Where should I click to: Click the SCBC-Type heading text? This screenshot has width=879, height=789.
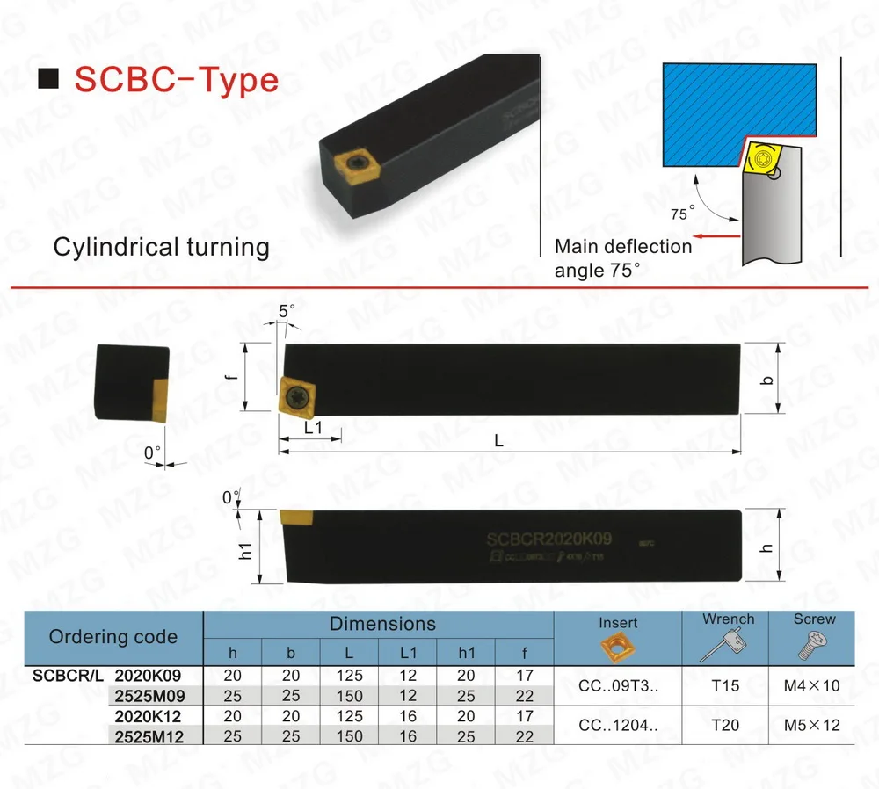[176, 80]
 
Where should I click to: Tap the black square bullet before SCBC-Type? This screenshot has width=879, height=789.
[51, 81]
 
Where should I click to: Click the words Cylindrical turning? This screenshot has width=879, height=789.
[162, 247]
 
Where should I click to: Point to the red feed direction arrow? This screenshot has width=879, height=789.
[711, 235]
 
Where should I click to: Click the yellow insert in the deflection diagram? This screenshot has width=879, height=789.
[759, 161]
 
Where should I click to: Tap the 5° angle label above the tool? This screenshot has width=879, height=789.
[287, 310]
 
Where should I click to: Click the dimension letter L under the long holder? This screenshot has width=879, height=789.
[498, 442]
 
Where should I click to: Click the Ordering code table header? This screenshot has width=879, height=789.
[113, 637]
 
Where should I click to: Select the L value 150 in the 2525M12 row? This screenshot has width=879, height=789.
[350, 736]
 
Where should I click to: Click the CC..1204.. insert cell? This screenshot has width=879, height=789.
[619, 726]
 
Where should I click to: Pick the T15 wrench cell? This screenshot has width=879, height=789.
[726, 685]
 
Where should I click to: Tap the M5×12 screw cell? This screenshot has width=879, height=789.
[815, 726]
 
